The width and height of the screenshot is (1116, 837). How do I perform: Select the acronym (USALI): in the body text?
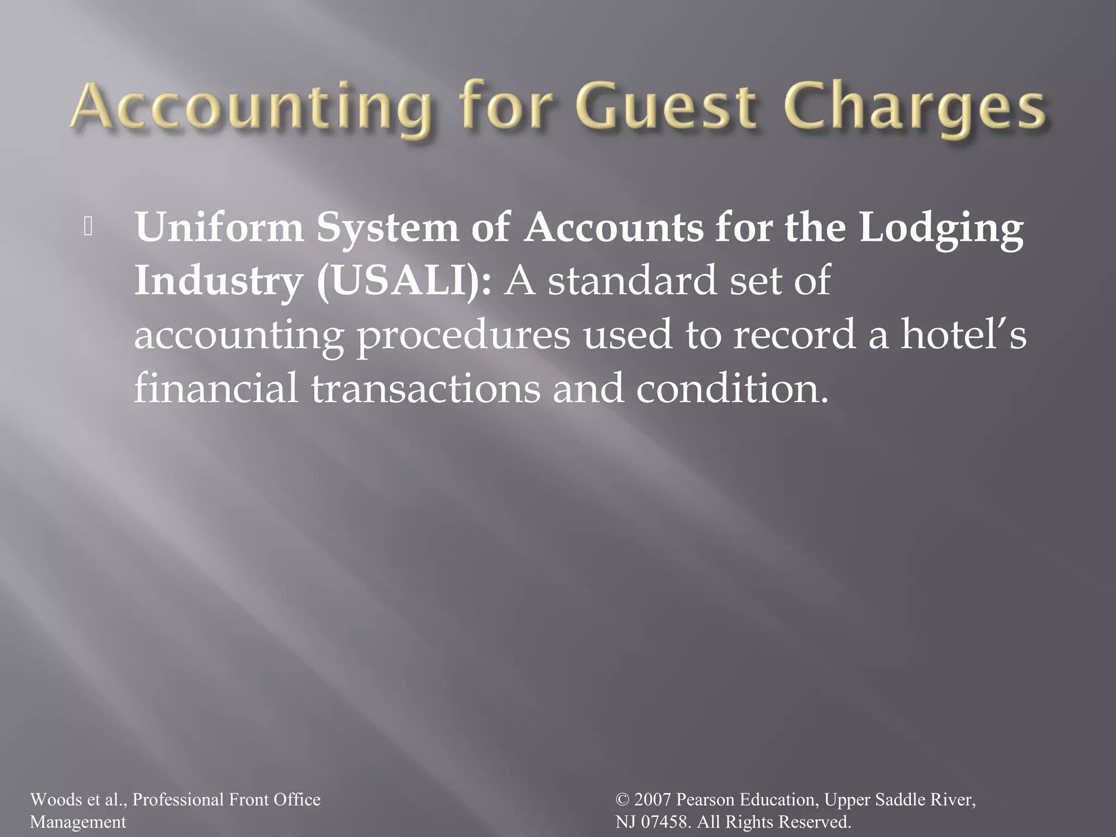[x=404, y=281]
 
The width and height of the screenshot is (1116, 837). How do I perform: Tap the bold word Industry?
[x=219, y=281]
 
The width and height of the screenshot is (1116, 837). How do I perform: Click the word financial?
[x=216, y=387]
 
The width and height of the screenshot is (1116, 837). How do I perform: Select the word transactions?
[x=426, y=389]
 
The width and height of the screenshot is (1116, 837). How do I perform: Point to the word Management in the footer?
[x=77, y=822]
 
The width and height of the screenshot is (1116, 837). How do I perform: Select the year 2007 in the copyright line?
[x=652, y=799]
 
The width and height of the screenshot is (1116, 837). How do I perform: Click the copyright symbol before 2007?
[x=622, y=800]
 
